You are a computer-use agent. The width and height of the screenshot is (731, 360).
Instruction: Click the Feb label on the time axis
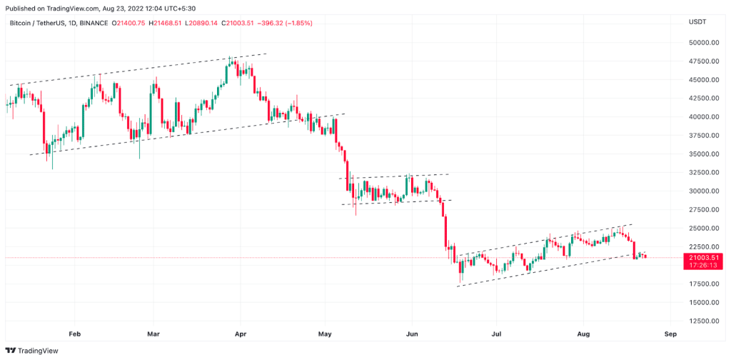pyautogui.click(x=74, y=334)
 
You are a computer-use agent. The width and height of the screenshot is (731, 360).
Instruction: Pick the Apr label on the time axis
pyautogui.click(x=240, y=334)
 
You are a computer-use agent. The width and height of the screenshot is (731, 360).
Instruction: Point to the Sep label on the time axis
pyautogui.click(x=670, y=334)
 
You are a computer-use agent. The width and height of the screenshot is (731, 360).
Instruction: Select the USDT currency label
pyautogui.click(x=697, y=22)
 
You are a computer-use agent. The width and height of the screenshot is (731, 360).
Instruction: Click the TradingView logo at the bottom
pyautogui.click(x=31, y=351)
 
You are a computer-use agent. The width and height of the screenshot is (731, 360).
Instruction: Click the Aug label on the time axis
pyautogui.click(x=583, y=334)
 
